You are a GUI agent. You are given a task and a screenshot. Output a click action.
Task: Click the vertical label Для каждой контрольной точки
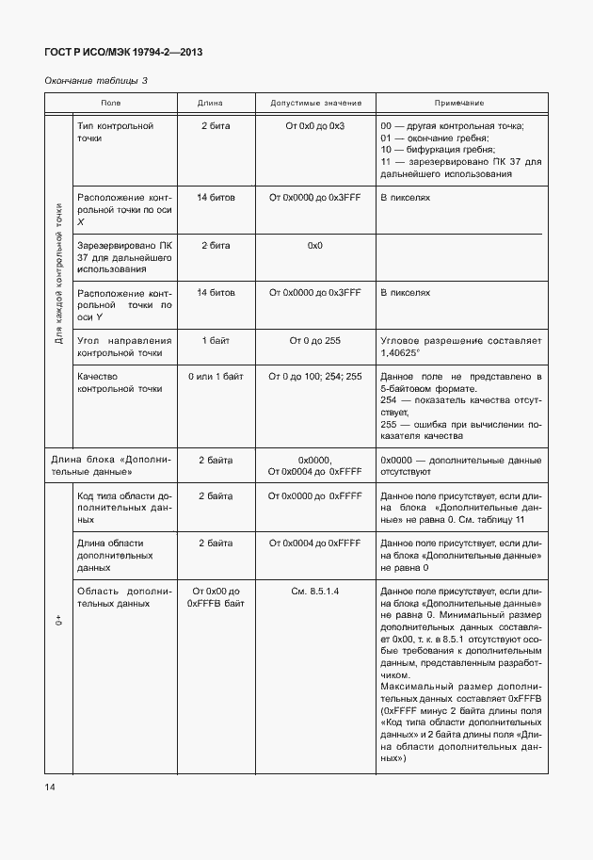(x=58, y=274)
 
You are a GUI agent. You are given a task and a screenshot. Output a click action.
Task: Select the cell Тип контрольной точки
(x=116, y=132)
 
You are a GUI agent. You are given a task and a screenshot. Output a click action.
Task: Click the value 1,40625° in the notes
(x=399, y=351)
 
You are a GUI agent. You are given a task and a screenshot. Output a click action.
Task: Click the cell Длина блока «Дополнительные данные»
(x=110, y=465)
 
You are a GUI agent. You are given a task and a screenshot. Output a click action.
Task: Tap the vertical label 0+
(x=58, y=622)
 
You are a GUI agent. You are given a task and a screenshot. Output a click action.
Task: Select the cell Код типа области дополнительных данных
(x=123, y=507)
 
